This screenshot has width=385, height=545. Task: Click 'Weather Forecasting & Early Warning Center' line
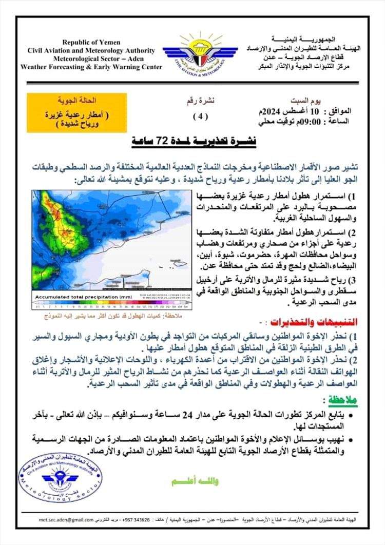[91, 67]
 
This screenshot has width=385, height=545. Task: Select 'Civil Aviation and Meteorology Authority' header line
[91, 50]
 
